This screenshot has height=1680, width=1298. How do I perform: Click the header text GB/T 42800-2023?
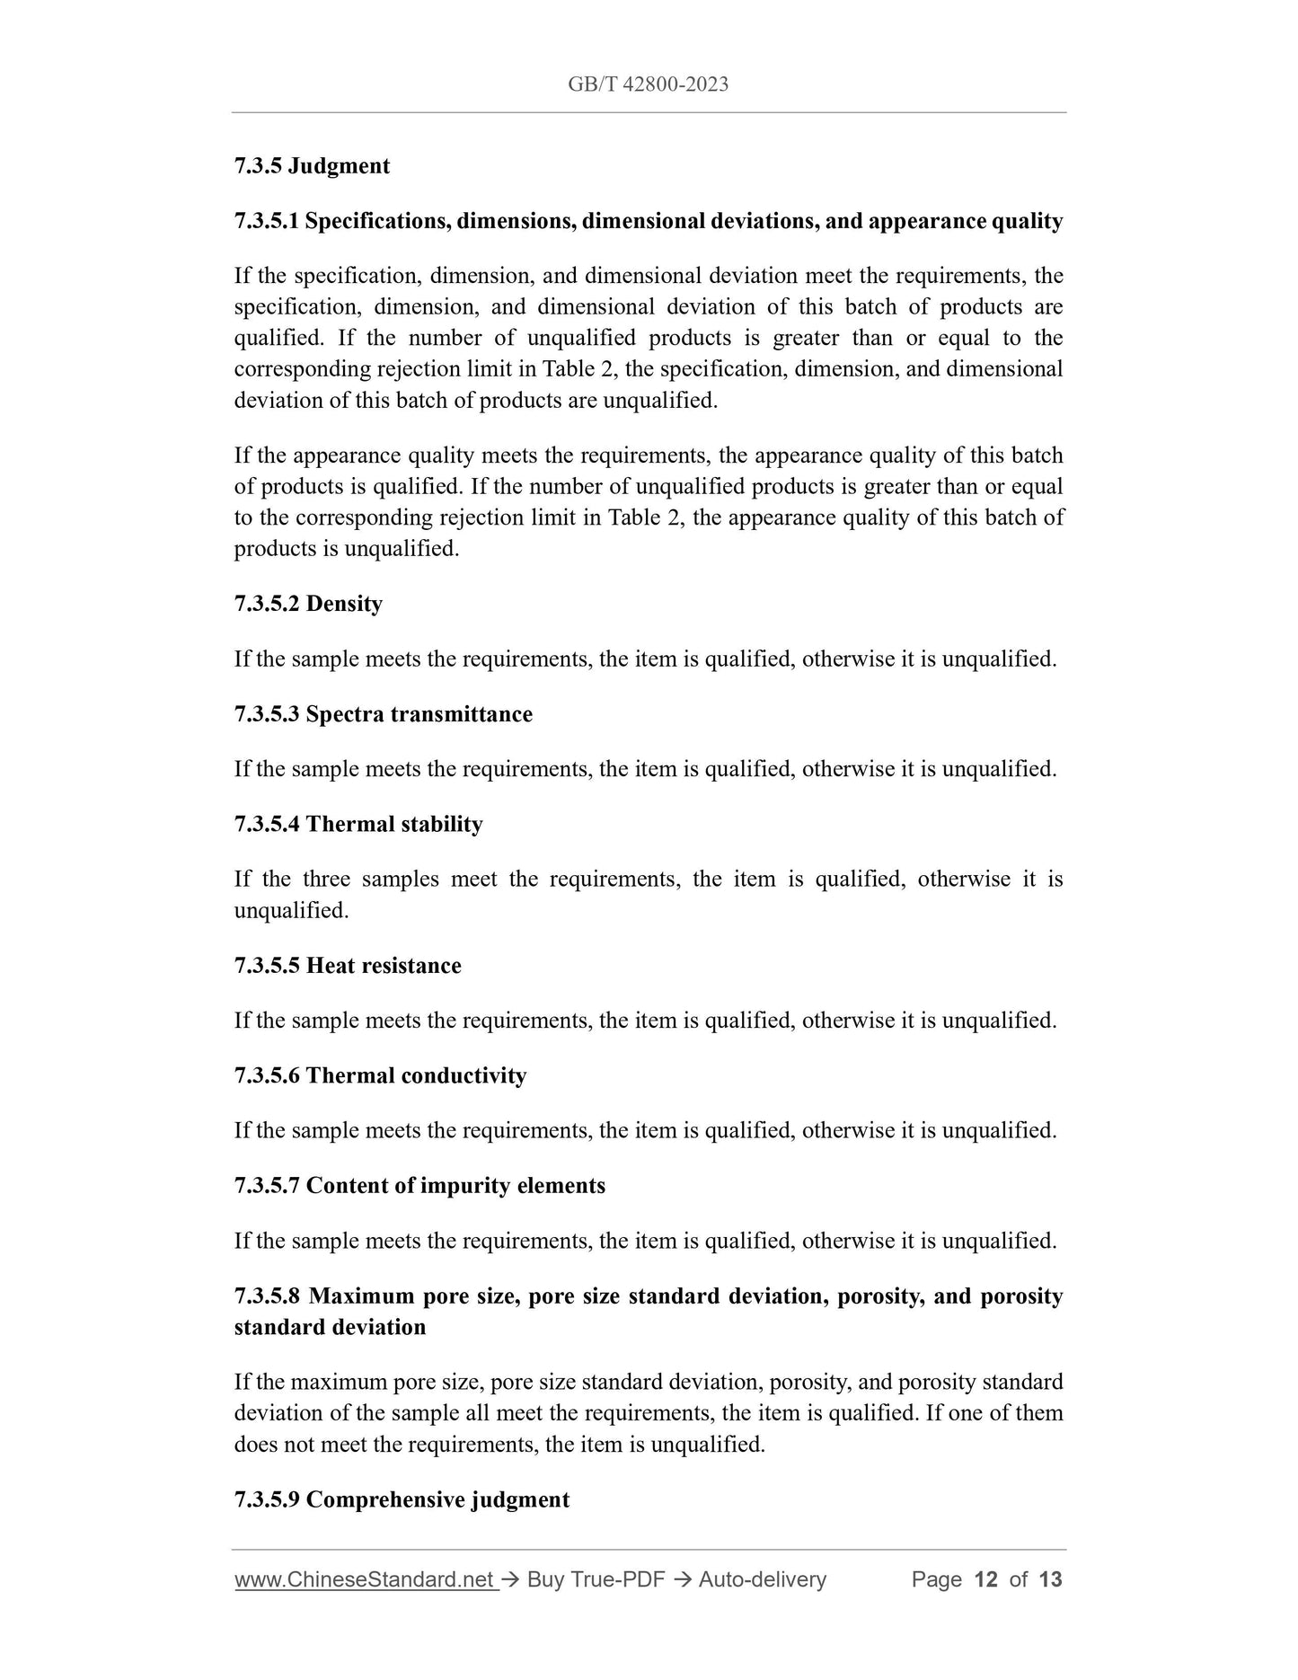[x=648, y=84]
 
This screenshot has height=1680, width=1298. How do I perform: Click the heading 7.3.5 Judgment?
[x=312, y=166]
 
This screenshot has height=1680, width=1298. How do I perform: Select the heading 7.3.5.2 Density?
[x=308, y=604]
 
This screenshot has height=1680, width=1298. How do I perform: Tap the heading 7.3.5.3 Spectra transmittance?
[x=383, y=714]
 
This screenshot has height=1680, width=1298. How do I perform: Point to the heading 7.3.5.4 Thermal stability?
[x=358, y=825]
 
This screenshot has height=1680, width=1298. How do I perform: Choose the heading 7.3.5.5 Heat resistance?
[x=348, y=966]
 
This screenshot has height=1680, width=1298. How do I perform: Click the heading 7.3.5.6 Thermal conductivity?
[x=380, y=1076]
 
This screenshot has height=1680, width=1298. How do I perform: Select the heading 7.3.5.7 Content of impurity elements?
[x=419, y=1186]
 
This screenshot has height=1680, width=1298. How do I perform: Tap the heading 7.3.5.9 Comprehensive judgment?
[x=402, y=1500]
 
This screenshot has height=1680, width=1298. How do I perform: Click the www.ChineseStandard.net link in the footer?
[x=365, y=1580]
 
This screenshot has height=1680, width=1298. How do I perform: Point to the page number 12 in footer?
[x=985, y=1580]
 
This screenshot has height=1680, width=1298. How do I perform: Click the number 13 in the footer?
[x=1050, y=1580]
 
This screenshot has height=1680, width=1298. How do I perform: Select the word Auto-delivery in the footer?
[x=762, y=1580]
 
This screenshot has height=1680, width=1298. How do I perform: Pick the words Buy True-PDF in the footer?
[x=596, y=1580]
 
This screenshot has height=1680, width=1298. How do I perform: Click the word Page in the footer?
[x=936, y=1580]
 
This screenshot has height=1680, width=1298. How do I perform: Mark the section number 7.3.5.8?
[x=267, y=1296]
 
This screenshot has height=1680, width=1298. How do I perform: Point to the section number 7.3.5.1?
[x=267, y=221]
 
